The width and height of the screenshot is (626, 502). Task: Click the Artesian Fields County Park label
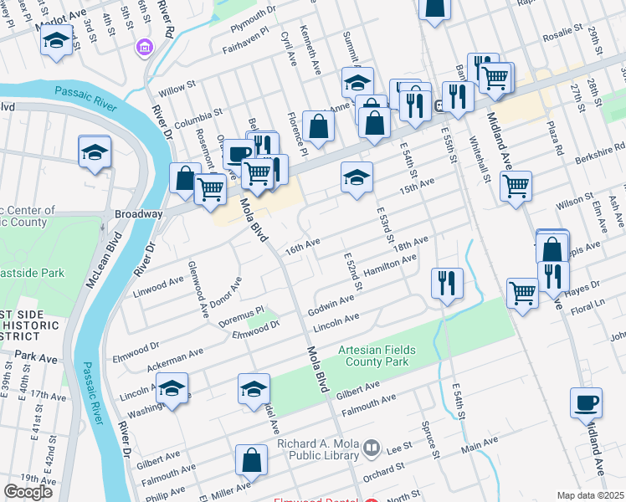(x=373, y=356)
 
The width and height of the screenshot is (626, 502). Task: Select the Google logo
(x=28, y=492)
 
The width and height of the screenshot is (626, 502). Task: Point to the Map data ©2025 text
(x=590, y=495)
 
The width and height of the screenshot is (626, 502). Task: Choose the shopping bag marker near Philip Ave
(x=252, y=459)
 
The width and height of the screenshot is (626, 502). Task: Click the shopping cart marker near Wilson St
(x=516, y=185)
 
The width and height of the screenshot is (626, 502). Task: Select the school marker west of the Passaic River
(x=95, y=151)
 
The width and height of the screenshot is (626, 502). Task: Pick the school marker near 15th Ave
(x=357, y=177)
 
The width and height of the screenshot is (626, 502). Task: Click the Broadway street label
(x=139, y=214)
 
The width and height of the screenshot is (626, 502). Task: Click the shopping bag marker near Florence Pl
(x=318, y=126)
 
